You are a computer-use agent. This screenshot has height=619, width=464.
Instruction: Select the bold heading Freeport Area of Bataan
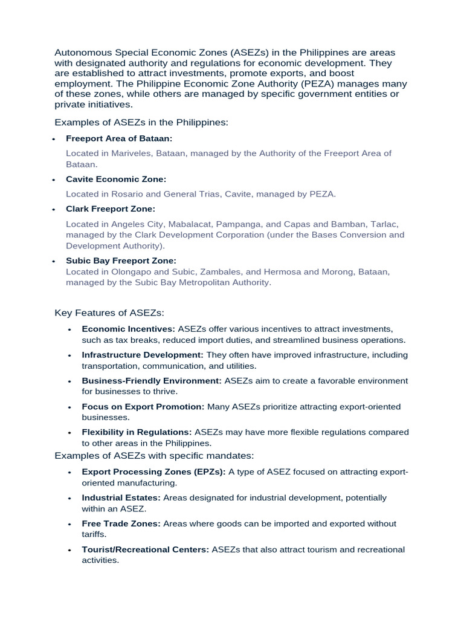click(x=119, y=138)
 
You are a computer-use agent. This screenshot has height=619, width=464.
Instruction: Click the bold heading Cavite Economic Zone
click(x=116, y=180)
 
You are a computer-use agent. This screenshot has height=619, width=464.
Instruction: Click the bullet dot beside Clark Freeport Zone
click(x=53, y=210)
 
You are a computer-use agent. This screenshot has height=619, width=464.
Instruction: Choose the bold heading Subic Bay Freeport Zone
click(x=121, y=261)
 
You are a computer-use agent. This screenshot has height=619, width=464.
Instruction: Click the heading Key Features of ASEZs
click(x=109, y=313)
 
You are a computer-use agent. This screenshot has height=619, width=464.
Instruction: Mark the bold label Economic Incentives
click(x=128, y=329)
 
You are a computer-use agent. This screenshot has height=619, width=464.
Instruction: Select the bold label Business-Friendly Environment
click(x=152, y=381)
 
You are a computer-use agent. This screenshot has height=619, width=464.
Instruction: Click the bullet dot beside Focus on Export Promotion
click(x=69, y=407)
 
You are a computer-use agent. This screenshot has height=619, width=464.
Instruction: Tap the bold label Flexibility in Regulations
click(x=137, y=432)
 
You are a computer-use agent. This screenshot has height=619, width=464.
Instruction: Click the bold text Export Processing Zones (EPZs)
click(x=153, y=472)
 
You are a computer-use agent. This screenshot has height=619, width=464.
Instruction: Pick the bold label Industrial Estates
click(x=121, y=497)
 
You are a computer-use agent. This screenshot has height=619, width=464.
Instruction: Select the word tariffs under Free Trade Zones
click(x=94, y=534)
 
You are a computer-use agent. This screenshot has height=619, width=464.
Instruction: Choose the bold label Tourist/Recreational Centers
click(x=145, y=549)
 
